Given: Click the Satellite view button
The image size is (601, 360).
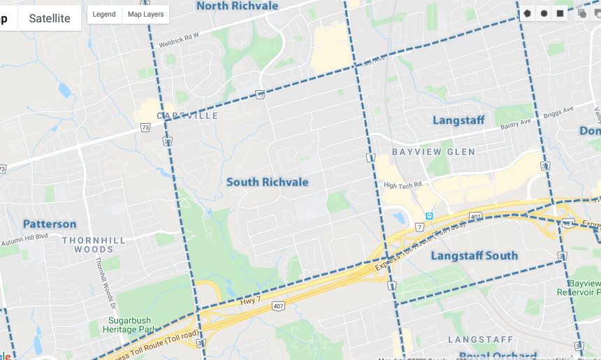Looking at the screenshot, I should tap(50, 18).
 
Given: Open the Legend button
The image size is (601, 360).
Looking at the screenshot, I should tap(104, 14).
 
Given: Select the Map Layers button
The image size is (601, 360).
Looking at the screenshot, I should tap(145, 14).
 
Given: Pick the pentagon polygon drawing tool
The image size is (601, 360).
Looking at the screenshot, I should tap(527, 13).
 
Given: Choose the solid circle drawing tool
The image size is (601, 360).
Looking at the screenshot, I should tap(544, 13).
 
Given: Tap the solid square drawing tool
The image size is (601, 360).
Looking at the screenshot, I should tap(560, 13).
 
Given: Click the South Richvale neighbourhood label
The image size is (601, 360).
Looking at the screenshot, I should tap(267, 182).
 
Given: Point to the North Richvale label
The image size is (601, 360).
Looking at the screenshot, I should tap(237, 6).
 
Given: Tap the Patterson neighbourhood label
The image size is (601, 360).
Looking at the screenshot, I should tap(50, 224).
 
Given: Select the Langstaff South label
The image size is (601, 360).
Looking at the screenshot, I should tap(474, 256).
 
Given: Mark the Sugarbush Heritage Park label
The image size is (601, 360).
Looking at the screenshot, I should tap(131, 324).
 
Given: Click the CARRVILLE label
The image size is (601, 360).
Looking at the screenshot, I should tap(187, 115).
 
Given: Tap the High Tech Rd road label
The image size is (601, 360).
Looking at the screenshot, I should tap(403, 185).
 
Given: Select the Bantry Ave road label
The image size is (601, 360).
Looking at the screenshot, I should tap(516, 125).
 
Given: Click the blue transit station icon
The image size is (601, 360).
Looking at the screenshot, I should tap(429, 215).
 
